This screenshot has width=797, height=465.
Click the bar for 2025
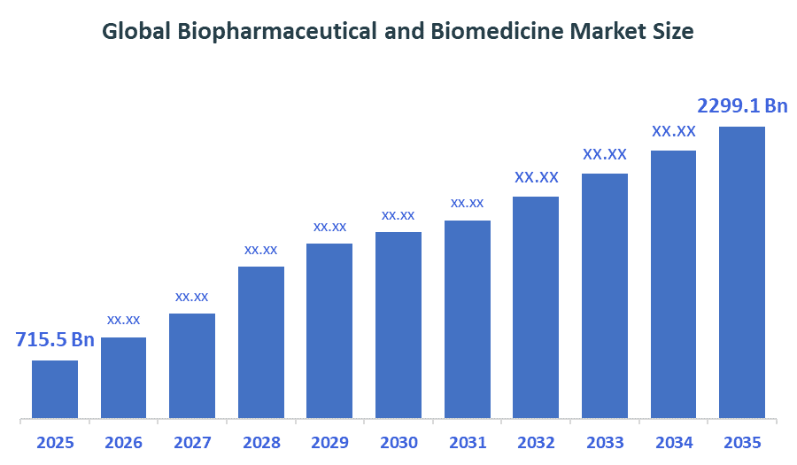pos(55,389)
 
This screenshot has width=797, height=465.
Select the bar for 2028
pos(261,342)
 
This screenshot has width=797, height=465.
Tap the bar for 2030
pos(398,325)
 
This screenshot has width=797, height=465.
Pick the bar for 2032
pos(536,306)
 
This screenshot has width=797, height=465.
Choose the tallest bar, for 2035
pos(741,272)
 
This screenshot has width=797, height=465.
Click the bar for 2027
pos(192,365)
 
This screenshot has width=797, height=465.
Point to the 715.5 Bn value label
pos(55,340)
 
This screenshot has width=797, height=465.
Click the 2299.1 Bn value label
pos(742,106)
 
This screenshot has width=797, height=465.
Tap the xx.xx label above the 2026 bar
pos(123,320)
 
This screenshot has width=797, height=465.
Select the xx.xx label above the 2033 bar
pos(605,154)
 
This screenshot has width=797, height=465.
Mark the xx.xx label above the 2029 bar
pos(329,227)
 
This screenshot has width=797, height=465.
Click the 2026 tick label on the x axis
pos(123,443)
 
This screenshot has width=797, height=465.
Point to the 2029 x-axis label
pos(329,443)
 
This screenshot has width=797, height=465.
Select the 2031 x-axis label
pos(467,443)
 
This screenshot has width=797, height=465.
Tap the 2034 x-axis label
pos(673,443)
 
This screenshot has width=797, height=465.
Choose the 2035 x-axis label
pos(741,443)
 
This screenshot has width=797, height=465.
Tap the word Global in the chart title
pos(136,32)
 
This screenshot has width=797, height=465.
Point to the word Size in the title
pos(673,32)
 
